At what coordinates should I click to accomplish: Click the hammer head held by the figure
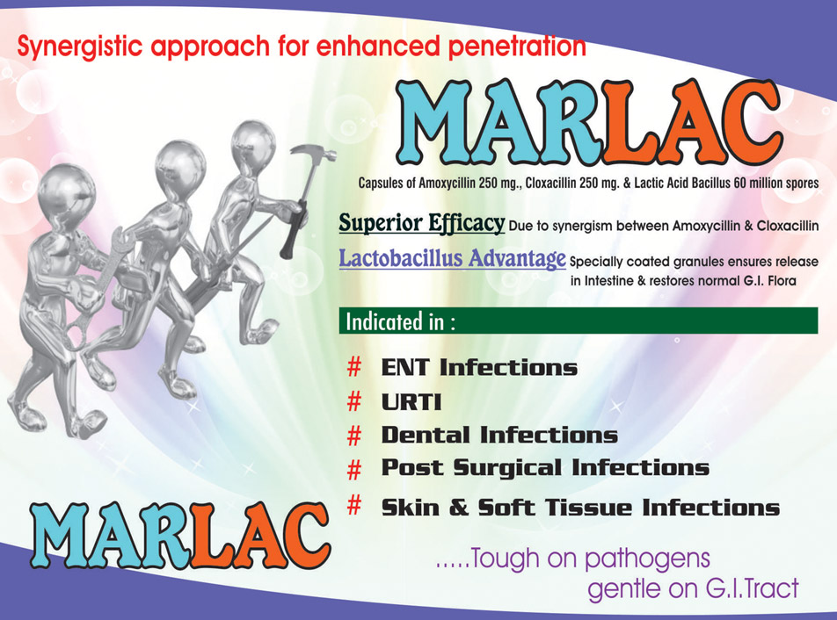(313, 153)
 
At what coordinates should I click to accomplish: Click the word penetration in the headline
(517, 47)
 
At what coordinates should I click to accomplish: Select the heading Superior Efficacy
(422, 224)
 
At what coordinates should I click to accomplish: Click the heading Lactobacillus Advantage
(452, 258)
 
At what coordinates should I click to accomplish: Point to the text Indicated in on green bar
(400, 321)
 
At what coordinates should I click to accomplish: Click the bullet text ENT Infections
(479, 368)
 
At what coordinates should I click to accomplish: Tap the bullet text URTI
(411, 402)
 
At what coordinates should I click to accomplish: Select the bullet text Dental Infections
(499, 435)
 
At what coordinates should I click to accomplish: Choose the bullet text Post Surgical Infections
(545, 468)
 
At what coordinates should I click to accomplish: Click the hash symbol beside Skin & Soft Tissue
(354, 504)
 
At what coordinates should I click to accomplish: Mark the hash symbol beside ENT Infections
(354, 367)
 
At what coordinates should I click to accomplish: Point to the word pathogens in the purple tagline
(647, 559)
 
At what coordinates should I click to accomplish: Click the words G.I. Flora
(770, 280)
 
